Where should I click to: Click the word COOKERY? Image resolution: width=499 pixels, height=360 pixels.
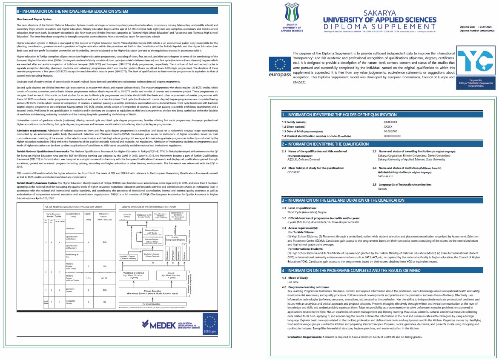pyautogui.click(x=293, y=172)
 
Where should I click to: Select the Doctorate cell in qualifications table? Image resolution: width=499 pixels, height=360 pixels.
pyautogui.click(x=71, y=229)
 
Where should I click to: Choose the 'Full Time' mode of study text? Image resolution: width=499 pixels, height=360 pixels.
pyautogui.click(x=293, y=282)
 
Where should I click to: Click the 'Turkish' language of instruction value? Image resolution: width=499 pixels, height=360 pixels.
pyautogui.click(x=382, y=189)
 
